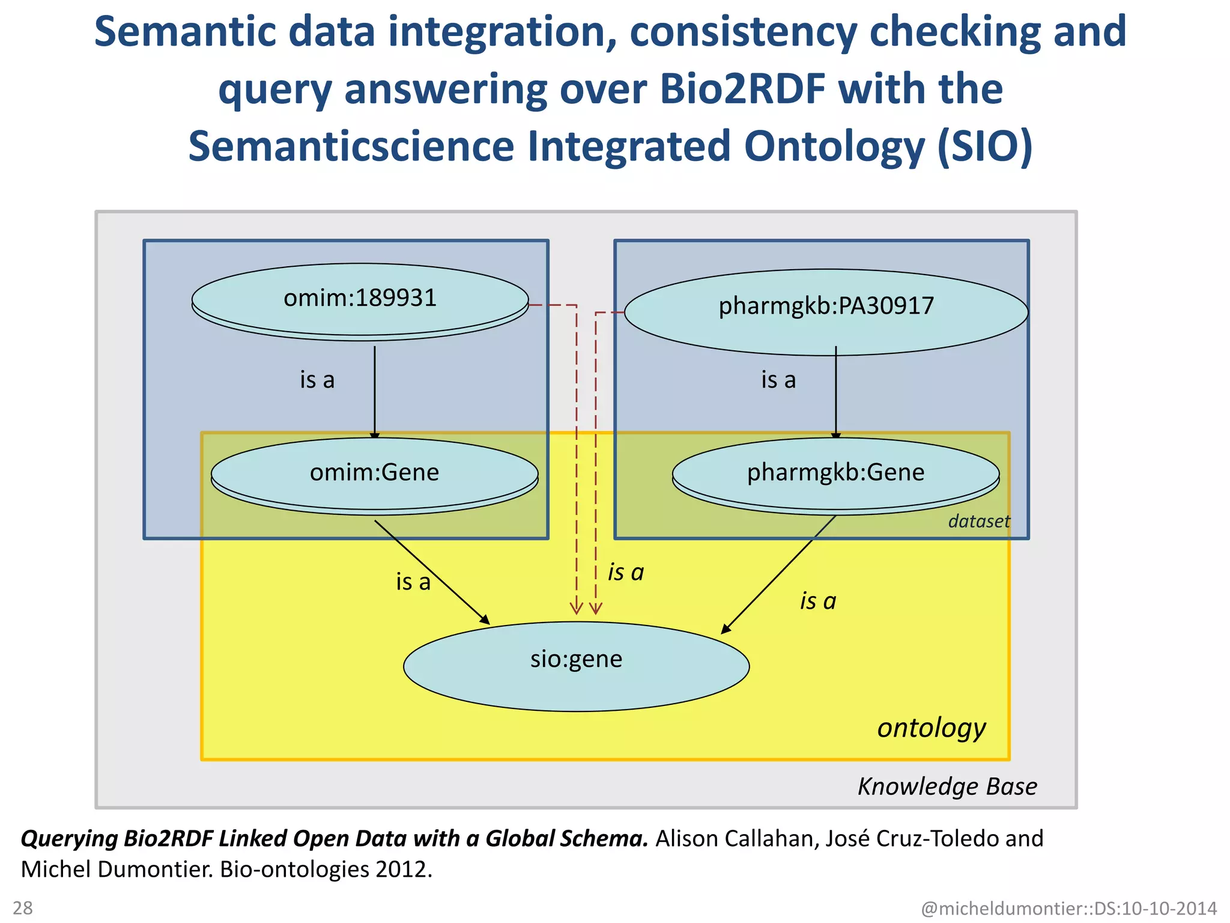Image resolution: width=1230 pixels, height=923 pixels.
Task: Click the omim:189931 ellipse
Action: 360,299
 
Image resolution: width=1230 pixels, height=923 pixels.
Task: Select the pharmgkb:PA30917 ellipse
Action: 826,312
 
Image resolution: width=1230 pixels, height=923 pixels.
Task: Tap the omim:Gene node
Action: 374,474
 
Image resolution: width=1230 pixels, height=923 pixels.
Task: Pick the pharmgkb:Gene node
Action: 835,474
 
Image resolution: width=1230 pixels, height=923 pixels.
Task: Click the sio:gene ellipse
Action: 576,666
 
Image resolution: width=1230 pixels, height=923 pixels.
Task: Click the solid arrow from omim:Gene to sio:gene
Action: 432,573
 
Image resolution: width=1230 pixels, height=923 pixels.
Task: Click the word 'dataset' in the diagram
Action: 979,521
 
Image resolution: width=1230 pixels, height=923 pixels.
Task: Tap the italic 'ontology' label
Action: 931,728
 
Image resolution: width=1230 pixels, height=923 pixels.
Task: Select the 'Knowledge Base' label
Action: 947,786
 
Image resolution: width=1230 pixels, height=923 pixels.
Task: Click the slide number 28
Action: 23,907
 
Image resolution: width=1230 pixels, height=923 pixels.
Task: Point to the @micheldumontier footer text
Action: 1068,908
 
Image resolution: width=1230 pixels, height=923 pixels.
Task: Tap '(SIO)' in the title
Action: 984,146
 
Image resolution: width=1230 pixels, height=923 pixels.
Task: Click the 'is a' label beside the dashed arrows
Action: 626,572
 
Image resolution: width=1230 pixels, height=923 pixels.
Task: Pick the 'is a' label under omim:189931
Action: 317,380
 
